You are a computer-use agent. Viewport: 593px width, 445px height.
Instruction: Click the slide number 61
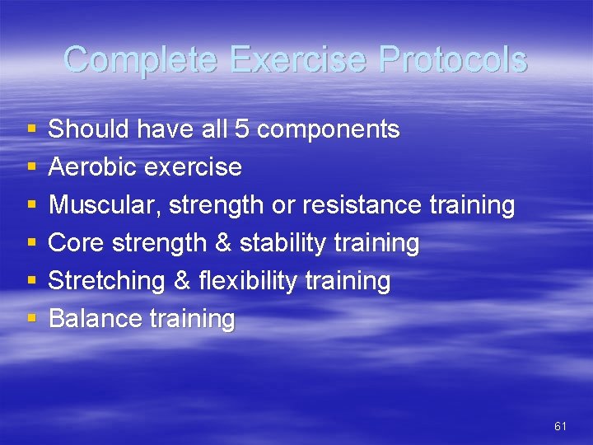(560, 426)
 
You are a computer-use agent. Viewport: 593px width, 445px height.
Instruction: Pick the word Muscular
(104, 205)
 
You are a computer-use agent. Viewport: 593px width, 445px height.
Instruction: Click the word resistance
(362, 205)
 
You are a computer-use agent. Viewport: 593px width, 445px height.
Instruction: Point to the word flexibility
(248, 281)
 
